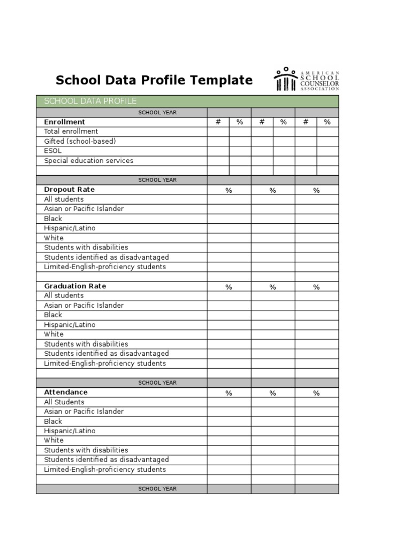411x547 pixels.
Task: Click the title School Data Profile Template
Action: click(x=154, y=80)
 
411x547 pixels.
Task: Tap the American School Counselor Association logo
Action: click(x=307, y=80)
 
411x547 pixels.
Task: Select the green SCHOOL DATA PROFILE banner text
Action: click(x=90, y=101)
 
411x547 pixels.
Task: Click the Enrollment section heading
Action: click(x=64, y=122)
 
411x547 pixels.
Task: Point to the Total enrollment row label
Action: click(x=71, y=131)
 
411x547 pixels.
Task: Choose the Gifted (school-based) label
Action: click(x=80, y=141)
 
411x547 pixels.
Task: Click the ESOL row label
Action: click(x=53, y=151)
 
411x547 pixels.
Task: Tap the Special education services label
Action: click(x=89, y=160)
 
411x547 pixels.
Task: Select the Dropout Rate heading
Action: click(x=69, y=190)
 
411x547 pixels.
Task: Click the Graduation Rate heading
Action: click(x=75, y=286)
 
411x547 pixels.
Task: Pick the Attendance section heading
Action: click(x=66, y=392)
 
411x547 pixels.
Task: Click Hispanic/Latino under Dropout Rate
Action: click(x=70, y=228)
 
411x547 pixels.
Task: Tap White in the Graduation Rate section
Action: click(x=54, y=334)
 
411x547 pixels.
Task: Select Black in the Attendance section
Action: click(x=53, y=421)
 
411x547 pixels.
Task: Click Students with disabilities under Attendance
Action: click(x=86, y=450)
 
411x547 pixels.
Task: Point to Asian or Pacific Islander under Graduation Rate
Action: click(x=83, y=306)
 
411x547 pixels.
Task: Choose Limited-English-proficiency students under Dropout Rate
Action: click(x=105, y=267)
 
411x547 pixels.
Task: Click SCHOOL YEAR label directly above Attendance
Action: click(x=157, y=382)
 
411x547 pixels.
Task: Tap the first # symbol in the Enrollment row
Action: click(x=218, y=122)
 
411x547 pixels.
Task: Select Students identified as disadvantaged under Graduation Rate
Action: click(x=106, y=354)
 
